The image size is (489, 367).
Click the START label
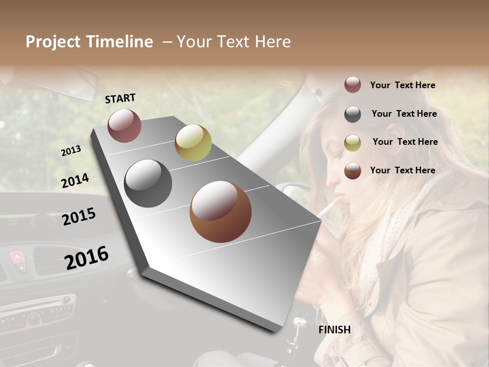(x=120, y=98)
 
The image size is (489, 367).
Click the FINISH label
(x=334, y=330)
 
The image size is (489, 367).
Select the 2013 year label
(x=71, y=151)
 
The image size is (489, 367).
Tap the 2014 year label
(x=75, y=180)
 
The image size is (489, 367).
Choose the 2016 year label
(x=86, y=257)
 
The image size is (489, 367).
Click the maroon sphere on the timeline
(x=124, y=125)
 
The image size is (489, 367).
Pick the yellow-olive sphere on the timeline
(x=193, y=143)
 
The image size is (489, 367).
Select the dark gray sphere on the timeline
(x=148, y=183)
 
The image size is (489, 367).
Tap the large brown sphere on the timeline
(x=220, y=212)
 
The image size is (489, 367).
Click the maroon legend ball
(x=352, y=85)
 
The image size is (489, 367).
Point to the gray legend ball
(x=352, y=114)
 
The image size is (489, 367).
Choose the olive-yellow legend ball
(x=352, y=143)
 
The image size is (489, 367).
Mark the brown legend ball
(x=352, y=171)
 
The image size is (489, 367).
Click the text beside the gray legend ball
(x=404, y=114)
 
